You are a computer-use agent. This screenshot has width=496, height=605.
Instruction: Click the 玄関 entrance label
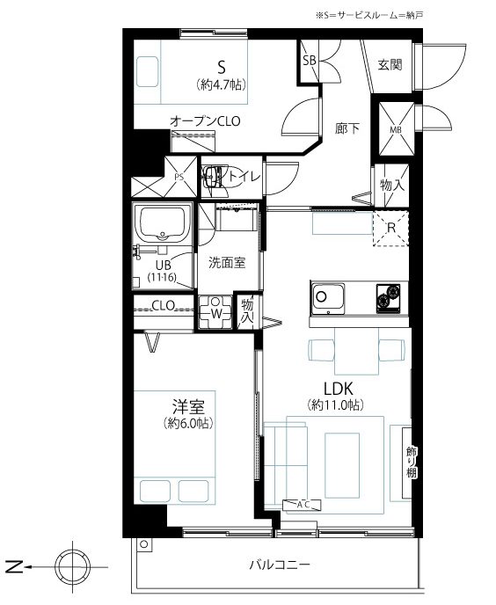[x=390, y=64]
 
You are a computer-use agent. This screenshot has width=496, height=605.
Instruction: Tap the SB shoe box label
[x=310, y=60]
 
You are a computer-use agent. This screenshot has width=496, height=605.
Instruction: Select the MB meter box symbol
[x=396, y=129]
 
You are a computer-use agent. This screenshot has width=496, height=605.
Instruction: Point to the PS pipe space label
[x=179, y=177]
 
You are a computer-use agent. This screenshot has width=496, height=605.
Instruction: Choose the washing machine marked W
[x=215, y=312]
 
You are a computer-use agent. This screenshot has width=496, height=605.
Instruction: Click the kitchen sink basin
[x=328, y=297]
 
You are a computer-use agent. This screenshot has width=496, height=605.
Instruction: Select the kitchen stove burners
[x=389, y=298]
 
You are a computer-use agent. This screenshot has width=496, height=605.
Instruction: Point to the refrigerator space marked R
[x=390, y=228]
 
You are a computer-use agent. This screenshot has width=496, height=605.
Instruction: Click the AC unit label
[x=303, y=504]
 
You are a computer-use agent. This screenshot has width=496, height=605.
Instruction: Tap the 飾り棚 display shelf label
[x=412, y=462]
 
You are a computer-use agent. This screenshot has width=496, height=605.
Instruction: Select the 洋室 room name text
[x=188, y=406]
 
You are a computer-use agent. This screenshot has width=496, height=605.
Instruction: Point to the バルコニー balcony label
[x=280, y=565]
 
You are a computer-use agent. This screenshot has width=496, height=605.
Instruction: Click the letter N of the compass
[x=15, y=567]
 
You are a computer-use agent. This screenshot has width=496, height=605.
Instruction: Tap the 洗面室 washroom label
[x=227, y=263]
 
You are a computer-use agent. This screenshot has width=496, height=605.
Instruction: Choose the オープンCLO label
[x=205, y=121]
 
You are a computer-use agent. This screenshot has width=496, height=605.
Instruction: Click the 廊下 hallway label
[x=347, y=128]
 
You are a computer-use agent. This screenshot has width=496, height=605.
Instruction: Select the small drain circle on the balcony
[x=144, y=544]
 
